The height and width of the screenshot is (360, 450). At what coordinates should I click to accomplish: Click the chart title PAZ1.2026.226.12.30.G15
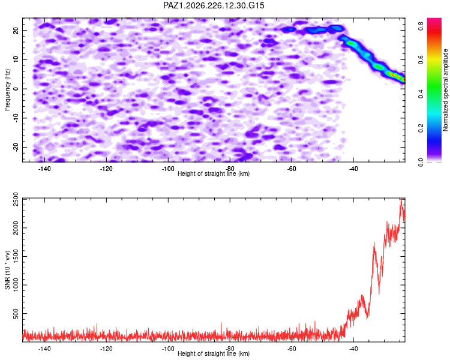click(214, 5)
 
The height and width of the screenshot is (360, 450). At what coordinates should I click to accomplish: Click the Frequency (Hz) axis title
click(7, 90)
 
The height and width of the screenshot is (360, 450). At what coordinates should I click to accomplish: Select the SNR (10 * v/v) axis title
click(7, 270)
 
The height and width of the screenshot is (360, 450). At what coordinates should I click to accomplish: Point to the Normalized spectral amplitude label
click(445, 90)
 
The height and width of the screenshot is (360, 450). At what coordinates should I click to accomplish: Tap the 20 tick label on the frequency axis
click(16, 31)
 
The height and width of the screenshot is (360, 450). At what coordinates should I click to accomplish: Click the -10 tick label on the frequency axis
click(16, 118)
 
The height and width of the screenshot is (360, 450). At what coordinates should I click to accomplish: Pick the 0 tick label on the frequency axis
click(16, 89)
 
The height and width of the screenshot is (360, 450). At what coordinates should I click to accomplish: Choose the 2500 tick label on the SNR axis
click(16, 199)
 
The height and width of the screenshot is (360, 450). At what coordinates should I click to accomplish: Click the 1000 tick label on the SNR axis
click(16, 285)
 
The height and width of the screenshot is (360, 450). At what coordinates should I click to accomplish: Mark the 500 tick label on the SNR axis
click(16, 313)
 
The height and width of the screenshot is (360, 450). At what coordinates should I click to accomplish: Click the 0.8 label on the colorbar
click(421, 26)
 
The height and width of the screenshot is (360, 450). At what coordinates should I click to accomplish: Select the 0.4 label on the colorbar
click(421, 94)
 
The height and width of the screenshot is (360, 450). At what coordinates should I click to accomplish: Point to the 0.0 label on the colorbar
click(421, 162)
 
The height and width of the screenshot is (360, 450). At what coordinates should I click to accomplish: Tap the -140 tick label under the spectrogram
click(44, 169)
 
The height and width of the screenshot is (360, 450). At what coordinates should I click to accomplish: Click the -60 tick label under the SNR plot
click(292, 349)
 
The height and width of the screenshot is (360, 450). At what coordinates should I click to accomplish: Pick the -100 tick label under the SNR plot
click(168, 349)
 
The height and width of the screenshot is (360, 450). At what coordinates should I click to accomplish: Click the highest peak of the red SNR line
click(401, 199)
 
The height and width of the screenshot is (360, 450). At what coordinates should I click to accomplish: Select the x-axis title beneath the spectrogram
click(214, 173)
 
